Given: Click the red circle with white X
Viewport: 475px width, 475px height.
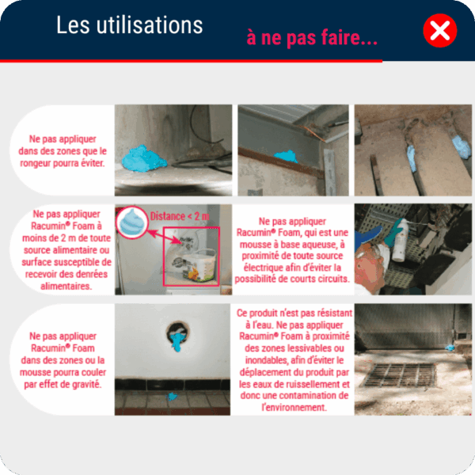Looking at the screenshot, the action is click(440, 30).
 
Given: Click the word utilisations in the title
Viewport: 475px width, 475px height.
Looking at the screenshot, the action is click(150, 25).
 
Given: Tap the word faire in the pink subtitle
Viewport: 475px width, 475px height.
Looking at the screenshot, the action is click(340, 37).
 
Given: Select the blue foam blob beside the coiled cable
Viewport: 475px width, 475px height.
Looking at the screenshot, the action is click(144, 159).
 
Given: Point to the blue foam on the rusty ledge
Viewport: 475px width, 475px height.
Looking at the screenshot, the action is click(285, 156).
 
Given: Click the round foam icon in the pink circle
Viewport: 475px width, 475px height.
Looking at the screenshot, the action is click(132, 222).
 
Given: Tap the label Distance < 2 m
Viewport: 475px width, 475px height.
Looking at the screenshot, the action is click(180, 216).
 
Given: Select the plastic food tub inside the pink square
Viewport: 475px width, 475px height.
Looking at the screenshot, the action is click(195, 267).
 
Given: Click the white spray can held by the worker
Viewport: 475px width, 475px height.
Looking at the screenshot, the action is click(400, 241).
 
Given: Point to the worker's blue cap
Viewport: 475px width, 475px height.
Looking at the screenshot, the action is click(368, 236).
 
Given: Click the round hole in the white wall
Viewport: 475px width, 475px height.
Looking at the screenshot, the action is click(178, 333).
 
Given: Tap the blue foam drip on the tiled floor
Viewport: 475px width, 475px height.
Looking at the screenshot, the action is click(173, 397).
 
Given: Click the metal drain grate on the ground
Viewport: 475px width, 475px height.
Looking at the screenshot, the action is click(400, 375).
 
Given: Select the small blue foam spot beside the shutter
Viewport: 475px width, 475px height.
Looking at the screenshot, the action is click(450, 348).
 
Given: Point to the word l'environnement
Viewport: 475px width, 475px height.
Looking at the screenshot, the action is click(294, 408).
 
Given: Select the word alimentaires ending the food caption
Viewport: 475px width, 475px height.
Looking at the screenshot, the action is click(66, 286).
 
